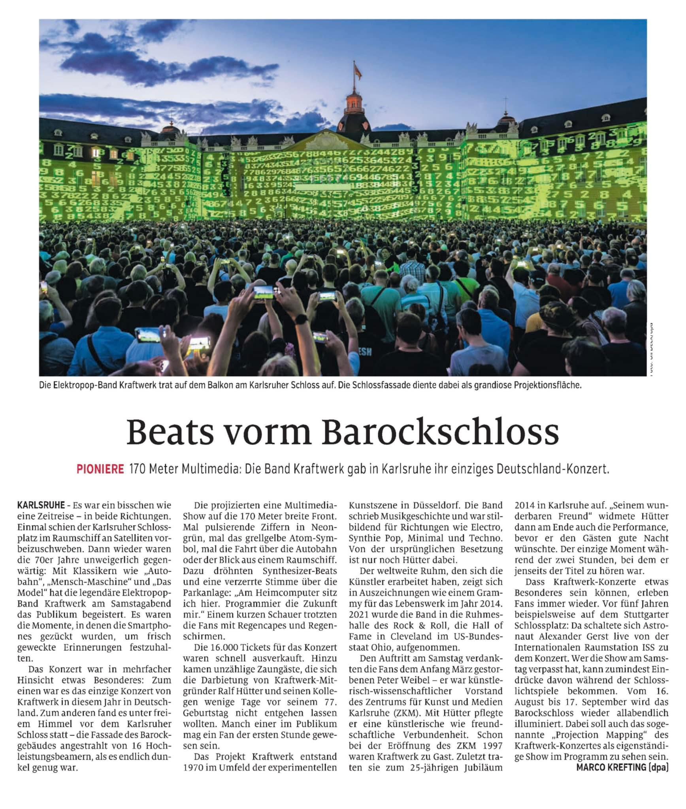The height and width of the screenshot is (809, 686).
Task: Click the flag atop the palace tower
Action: [358, 71]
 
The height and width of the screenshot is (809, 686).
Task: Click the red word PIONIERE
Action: [100, 469]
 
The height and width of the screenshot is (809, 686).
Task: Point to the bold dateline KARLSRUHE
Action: [41, 505]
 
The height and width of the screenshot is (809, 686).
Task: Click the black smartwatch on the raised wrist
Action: [302, 319]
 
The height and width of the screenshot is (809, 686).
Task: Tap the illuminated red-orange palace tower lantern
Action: [354, 103]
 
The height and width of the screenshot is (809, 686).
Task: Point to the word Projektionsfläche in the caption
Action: [548, 385]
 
